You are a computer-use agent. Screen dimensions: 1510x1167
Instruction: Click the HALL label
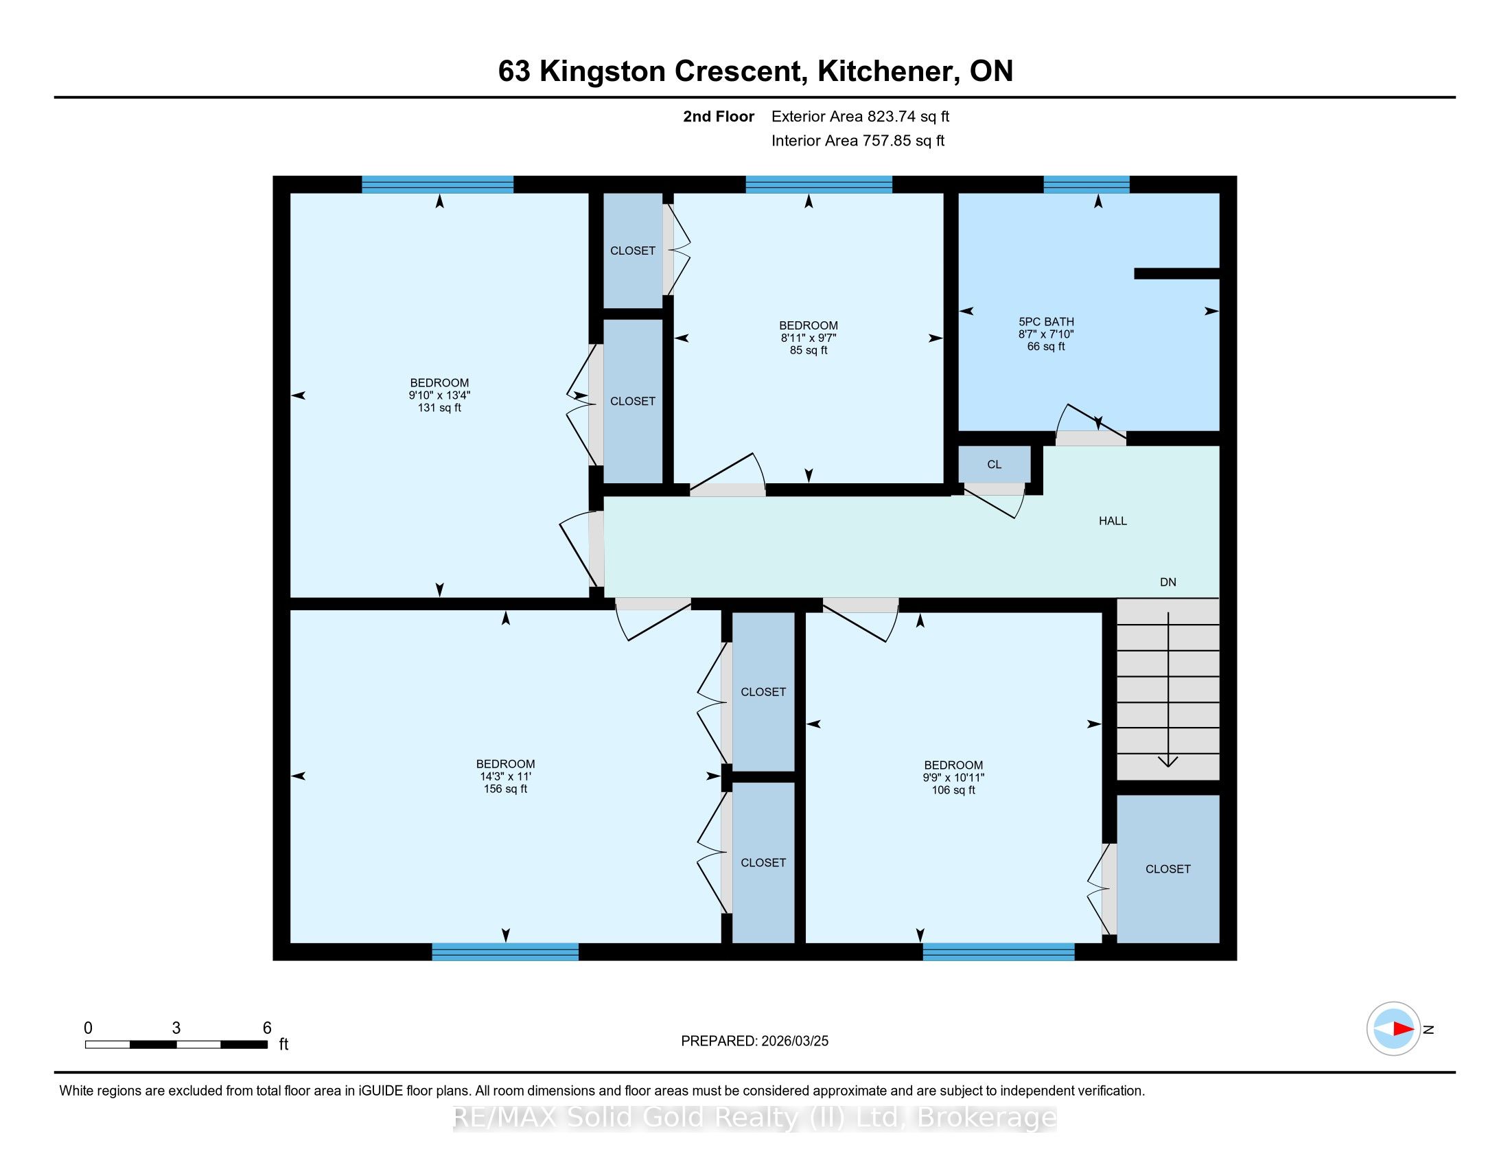click(1113, 521)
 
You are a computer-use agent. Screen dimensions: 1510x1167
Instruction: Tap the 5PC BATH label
click(1046, 321)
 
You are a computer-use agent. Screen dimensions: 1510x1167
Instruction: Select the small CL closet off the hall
click(995, 464)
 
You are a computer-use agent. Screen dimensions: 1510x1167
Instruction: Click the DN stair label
click(1168, 582)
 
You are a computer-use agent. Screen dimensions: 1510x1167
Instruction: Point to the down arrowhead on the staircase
click(1168, 761)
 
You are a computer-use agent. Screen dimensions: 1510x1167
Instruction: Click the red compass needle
click(1403, 1029)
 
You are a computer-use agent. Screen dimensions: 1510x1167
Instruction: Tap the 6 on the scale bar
click(267, 1028)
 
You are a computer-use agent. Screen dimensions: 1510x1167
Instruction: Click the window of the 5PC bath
click(1087, 185)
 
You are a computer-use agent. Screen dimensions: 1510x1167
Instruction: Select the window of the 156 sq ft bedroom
click(505, 951)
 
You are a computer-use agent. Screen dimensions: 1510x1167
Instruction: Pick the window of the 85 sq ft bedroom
click(819, 185)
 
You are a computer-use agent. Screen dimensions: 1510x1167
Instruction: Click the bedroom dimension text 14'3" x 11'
click(505, 776)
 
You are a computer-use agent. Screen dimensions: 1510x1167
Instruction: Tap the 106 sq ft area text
click(953, 790)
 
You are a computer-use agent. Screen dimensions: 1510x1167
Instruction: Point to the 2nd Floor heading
click(719, 116)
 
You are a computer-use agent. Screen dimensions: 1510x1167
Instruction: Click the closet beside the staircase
click(1168, 869)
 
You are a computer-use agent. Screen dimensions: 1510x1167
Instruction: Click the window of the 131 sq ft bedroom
click(438, 185)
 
